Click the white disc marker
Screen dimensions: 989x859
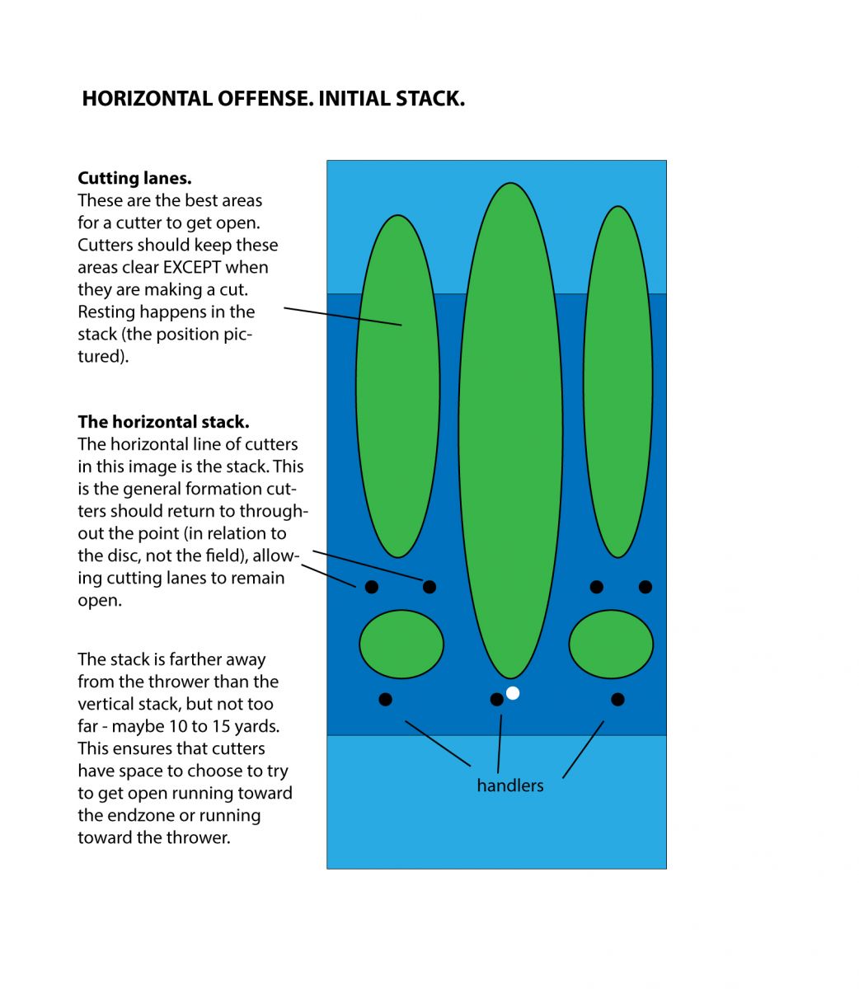click(x=513, y=693)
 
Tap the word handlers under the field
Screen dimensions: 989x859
click(x=510, y=785)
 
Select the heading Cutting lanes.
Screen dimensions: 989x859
click(x=134, y=178)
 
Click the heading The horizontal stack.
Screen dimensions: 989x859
click(x=163, y=422)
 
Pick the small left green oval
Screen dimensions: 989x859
click(x=401, y=644)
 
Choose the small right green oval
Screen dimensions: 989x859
click(x=611, y=644)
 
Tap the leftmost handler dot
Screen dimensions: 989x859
click(x=385, y=700)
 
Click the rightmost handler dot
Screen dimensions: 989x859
click(x=617, y=700)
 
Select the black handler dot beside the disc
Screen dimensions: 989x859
click(x=496, y=700)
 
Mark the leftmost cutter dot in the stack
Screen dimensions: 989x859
click(x=372, y=587)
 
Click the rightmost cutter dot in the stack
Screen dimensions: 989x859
click(x=645, y=587)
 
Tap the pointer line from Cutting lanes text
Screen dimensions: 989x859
click(x=342, y=317)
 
